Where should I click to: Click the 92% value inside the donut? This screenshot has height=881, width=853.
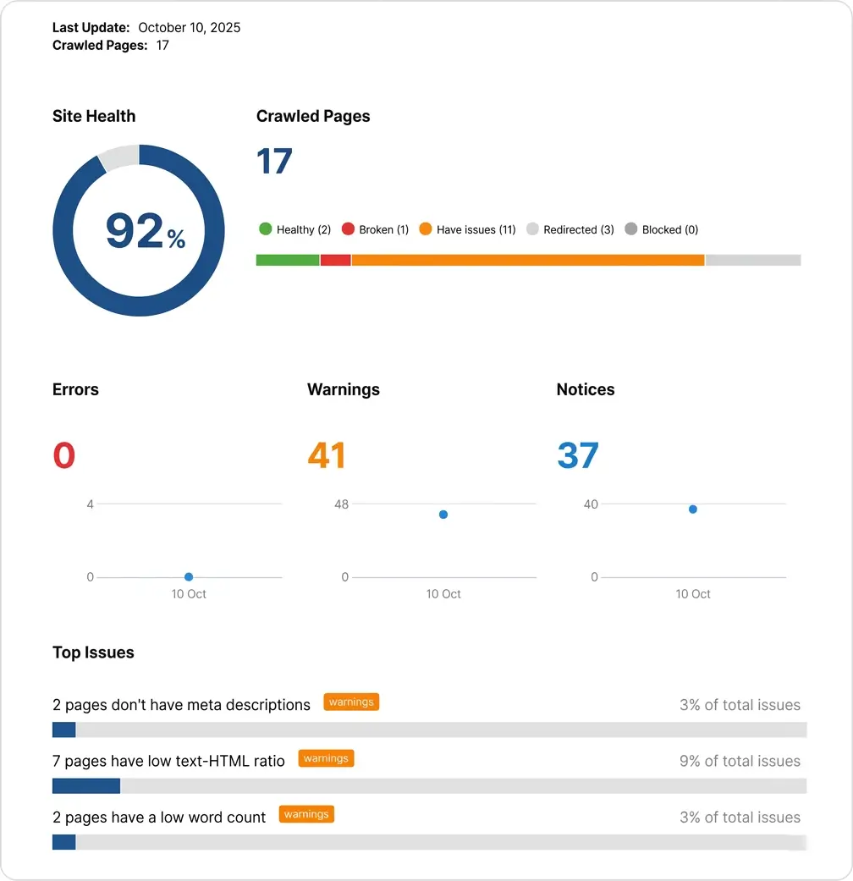tap(144, 231)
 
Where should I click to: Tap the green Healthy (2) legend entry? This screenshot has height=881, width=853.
tap(294, 229)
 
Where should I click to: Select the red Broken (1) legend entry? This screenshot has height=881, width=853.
tap(375, 229)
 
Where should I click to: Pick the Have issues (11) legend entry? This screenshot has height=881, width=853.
tap(467, 229)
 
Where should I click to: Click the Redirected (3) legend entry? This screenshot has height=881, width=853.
tap(570, 229)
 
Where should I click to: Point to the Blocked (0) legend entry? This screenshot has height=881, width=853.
tap(661, 229)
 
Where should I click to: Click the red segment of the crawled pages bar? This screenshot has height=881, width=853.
tap(336, 260)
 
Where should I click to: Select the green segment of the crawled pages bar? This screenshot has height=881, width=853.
tap(288, 260)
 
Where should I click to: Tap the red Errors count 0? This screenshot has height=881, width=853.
tap(64, 455)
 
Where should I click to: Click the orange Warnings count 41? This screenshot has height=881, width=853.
tap(327, 455)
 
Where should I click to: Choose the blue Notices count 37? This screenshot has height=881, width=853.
tap(578, 455)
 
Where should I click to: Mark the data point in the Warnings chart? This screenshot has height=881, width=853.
tap(443, 515)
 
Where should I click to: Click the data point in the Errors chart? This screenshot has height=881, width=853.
tap(189, 577)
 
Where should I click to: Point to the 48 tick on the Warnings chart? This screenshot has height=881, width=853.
tap(341, 504)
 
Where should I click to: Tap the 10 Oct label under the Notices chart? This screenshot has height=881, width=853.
tap(693, 594)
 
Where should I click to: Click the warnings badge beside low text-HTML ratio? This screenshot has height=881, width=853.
tap(326, 758)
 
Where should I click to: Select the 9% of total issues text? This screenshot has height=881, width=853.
tap(740, 761)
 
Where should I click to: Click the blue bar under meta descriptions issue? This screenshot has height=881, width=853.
tap(64, 730)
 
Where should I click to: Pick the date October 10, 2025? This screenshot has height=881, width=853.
tap(190, 28)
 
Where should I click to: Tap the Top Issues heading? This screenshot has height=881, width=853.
tap(93, 652)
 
